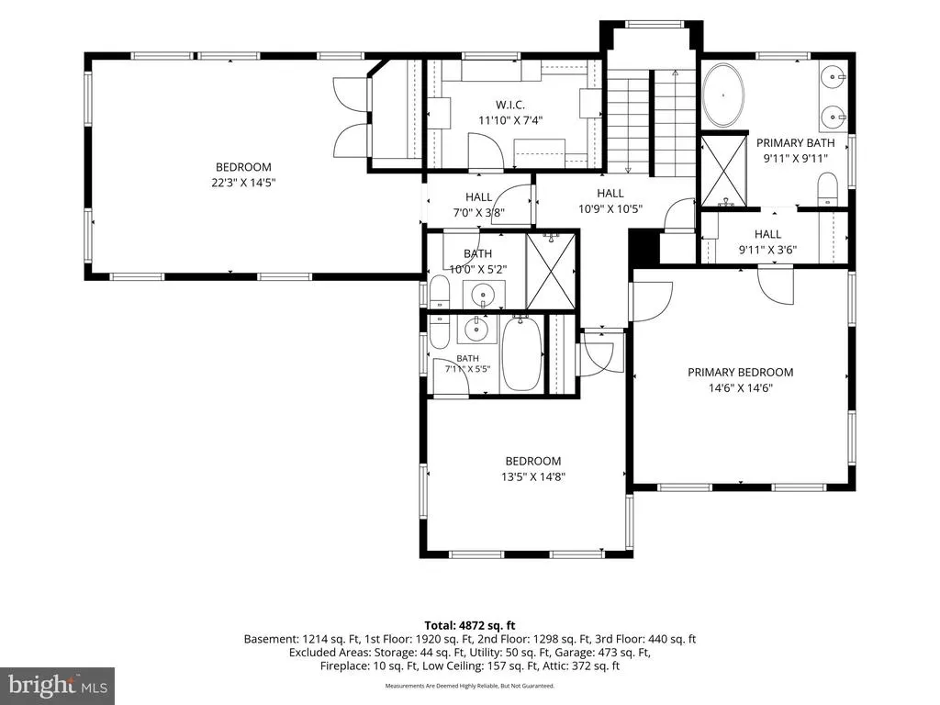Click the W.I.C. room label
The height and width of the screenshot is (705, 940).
click(x=510, y=105)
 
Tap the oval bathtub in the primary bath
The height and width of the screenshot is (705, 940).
click(x=723, y=95)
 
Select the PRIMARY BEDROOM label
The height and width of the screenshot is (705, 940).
click(x=741, y=373)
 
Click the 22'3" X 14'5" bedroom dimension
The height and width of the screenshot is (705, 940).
click(x=243, y=183)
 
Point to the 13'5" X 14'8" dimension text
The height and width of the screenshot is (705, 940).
click(x=533, y=477)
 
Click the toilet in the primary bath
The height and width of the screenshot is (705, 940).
click(x=828, y=189)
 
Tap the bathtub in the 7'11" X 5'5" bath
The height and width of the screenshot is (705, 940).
click(x=521, y=353)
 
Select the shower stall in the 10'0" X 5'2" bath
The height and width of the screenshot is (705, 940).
click(x=551, y=271)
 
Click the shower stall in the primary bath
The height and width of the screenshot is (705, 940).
click(x=723, y=171)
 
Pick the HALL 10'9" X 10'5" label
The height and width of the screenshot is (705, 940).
click(x=610, y=201)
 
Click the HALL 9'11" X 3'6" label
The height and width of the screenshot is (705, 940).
click(x=768, y=242)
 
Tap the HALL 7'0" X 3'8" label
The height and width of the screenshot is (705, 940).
click(x=478, y=205)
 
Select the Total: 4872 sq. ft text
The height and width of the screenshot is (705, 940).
click(x=470, y=626)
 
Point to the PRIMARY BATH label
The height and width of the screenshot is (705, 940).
click(x=796, y=142)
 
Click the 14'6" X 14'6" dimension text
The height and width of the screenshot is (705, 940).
click(x=741, y=388)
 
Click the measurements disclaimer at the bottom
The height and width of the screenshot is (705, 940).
click(x=469, y=686)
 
